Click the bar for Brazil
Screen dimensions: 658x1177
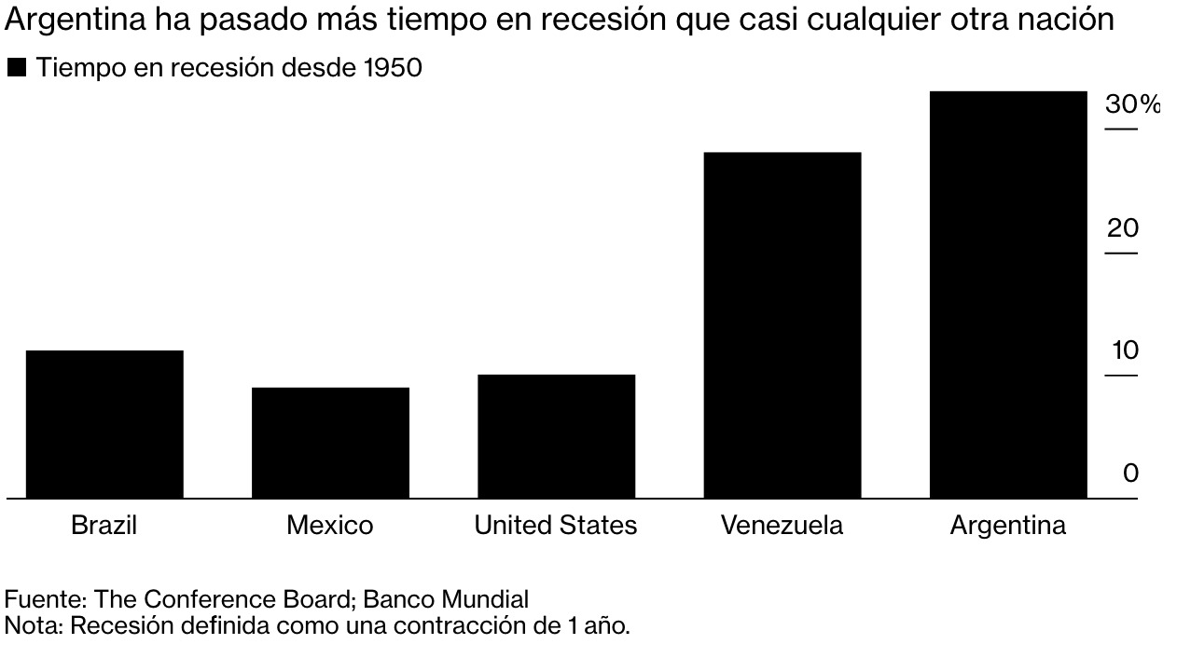click(x=104, y=424)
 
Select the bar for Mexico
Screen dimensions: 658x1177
click(x=330, y=443)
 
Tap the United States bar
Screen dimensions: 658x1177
click(x=556, y=436)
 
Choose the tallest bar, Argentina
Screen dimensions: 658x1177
click(x=1008, y=295)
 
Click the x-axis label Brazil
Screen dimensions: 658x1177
click(x=104, y=526)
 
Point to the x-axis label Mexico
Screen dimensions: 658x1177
click(x=329, y=526)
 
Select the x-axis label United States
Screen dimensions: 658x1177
click(x=555, y=526)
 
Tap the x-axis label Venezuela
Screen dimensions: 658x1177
click(x=782, y=526)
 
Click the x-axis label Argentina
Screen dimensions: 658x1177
click(x=1007, y=526)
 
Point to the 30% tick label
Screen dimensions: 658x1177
click(x=1132, y=104)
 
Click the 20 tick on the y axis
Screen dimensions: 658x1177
click(x=1122, y=228)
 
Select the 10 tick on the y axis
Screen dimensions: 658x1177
click(x=1124, y=351)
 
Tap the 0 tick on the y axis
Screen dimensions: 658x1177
click(x=1130, y=473)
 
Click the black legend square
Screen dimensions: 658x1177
click(x=16, y=68)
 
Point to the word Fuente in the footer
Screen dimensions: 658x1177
click(x=41, y=599)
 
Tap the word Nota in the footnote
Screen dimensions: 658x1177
click(x=32, y=625)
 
